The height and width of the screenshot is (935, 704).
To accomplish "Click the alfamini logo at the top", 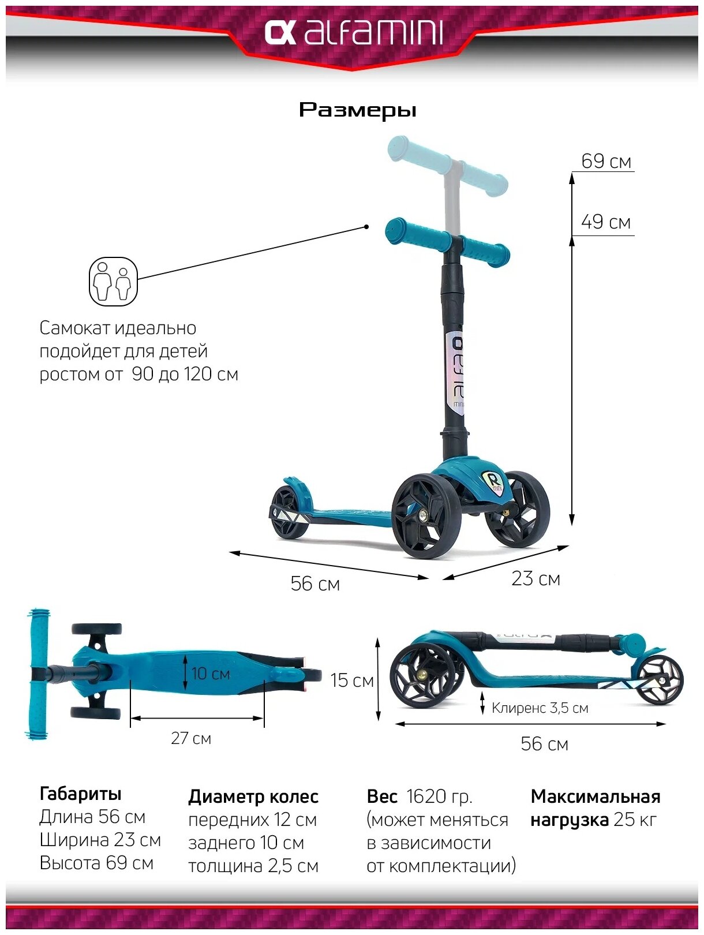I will [x=353, y=33].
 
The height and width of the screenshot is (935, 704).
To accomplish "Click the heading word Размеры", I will [x=357, y=110].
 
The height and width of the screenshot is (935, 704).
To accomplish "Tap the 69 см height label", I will [x=605, y=161].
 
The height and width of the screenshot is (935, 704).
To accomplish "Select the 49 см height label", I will [x=605, y=222].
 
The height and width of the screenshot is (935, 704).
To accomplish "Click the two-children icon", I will [x=113, y=282].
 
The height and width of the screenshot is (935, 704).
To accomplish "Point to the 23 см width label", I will [x=536, y=578].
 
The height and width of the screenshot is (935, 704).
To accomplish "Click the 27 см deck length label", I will [x=191, y=738].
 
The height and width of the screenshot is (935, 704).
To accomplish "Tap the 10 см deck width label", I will [x=210, y=674].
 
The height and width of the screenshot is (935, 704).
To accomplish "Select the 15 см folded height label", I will [x=351, y=680].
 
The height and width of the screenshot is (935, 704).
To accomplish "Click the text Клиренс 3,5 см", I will [x=540, y=708].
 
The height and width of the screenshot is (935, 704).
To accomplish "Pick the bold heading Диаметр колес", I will [x=253, y=796].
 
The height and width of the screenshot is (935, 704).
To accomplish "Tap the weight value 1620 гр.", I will [x=439, y=796].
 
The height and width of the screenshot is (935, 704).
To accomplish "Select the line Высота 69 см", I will [x=96, y=863].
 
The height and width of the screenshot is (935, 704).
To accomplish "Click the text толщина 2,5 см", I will [x=253, y=866].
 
